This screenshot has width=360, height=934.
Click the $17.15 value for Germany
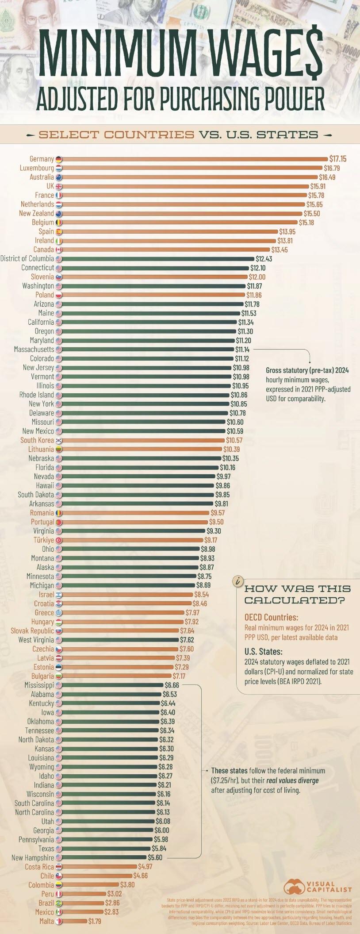click(338, 158)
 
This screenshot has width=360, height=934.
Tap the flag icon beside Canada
click(59, 250)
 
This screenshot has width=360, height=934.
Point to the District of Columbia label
click(27, 258)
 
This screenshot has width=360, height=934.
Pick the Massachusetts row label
click(34, 350)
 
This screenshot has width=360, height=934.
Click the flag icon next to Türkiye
click(59, 540)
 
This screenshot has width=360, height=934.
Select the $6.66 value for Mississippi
click(172, 685)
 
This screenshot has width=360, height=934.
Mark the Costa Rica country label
click(39, 867)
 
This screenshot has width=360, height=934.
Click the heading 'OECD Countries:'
click(271, 617)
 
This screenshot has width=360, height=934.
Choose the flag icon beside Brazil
click(59, 903)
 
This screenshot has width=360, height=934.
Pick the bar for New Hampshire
click(106, 858)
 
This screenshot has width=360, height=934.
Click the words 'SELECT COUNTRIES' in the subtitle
click(116, 135)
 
